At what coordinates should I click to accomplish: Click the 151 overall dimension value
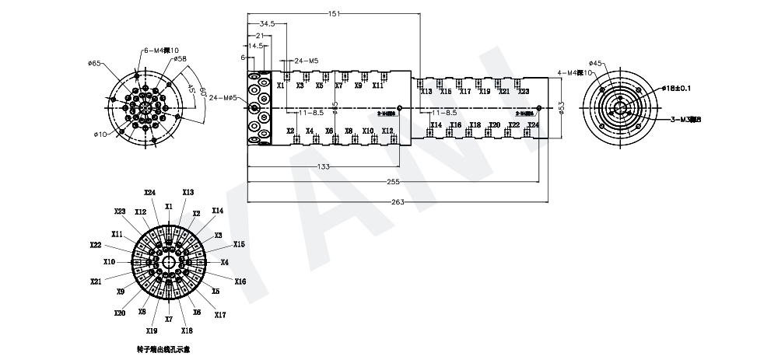333,14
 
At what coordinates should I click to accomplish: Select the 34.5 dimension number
267,24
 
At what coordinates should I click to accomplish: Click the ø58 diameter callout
180,59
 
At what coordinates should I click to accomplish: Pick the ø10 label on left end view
100,135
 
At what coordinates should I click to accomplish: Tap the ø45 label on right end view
595,64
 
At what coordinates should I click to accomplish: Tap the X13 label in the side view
426,92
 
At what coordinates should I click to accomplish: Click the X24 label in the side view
533,124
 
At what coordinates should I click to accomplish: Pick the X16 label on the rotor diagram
240,281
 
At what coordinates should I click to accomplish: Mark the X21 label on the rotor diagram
96,281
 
